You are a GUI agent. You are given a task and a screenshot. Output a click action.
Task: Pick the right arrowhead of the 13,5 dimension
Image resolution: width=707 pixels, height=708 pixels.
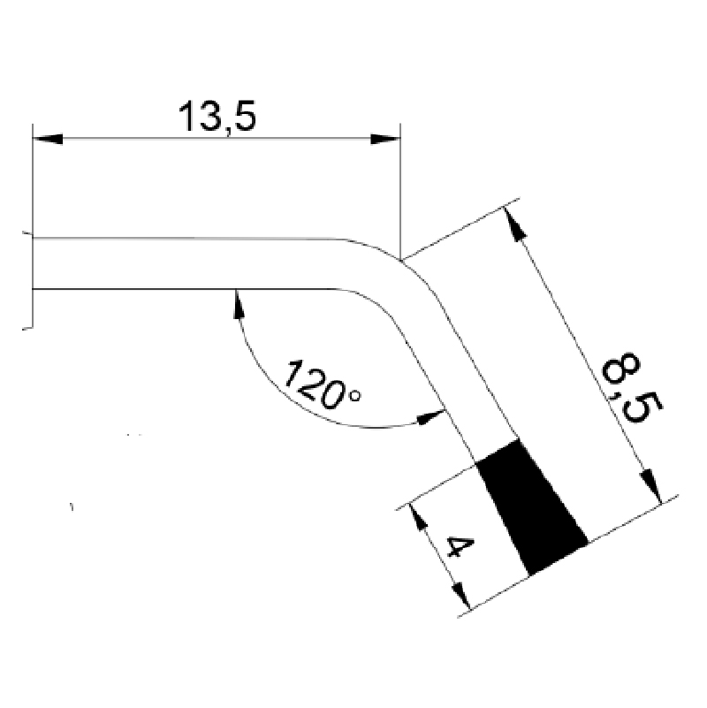tap(385, 139)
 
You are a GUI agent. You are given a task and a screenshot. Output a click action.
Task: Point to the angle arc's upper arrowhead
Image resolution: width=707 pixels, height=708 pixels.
tap(237, 302)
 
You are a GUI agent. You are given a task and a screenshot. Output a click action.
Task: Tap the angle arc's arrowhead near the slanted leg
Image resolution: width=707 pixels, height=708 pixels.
tap(430, 415)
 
